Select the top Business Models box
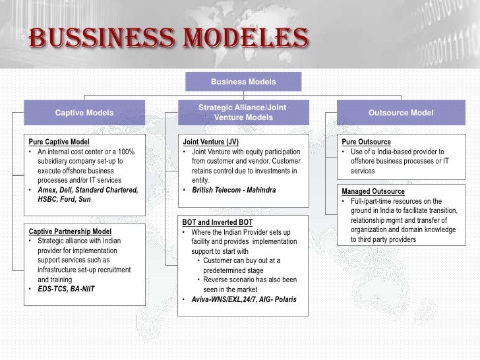pyautogui.click(x=243, y=82)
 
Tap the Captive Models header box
pyautogui.click(x=84, y=113)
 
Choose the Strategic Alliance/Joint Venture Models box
pyautogui.click(x=243, y=113)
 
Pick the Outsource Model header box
pyautogui.click(x=401, y=113)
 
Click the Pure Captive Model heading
pyautogui.click(x=59, y=142)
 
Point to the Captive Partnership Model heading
pyautogui.click(x=69, y=232)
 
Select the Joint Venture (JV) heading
pyautogui.click(x=210, y=142)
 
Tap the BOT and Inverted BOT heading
pyautogui.click(x=217, y=223)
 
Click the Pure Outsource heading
pyautogui.click(x=366, y=142)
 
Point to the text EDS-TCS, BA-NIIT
pyautogui.click(x=66, y=289)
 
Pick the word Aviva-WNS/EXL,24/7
pyautogui.click(x=224, y=299)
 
